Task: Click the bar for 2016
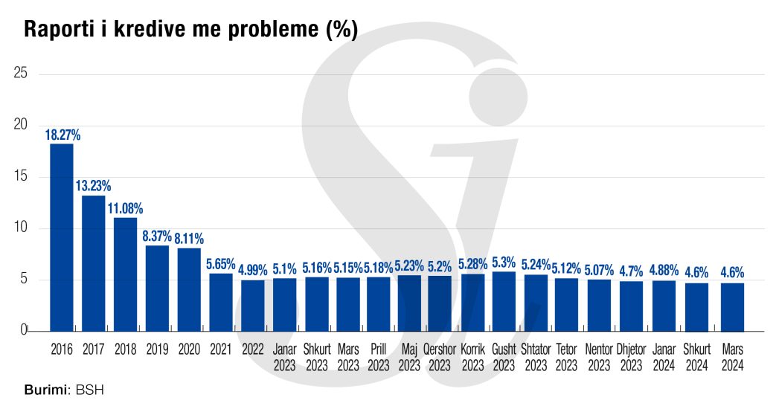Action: coord(62,237)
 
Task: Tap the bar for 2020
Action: coord(189,289)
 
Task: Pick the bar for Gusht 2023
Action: coord(504,301)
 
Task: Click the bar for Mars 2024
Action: coord(733,306)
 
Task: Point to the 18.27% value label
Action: coord(62,135)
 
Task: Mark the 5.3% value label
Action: coord(504,263)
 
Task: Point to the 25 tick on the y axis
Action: coord(21,74)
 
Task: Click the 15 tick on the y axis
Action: coord(21,177)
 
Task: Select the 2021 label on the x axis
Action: coord(221,347)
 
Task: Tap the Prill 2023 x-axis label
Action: coord(378,356)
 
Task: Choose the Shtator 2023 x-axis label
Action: coord(536,356)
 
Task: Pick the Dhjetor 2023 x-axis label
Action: coord(631,356)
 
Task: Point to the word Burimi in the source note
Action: coord(43,390)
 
